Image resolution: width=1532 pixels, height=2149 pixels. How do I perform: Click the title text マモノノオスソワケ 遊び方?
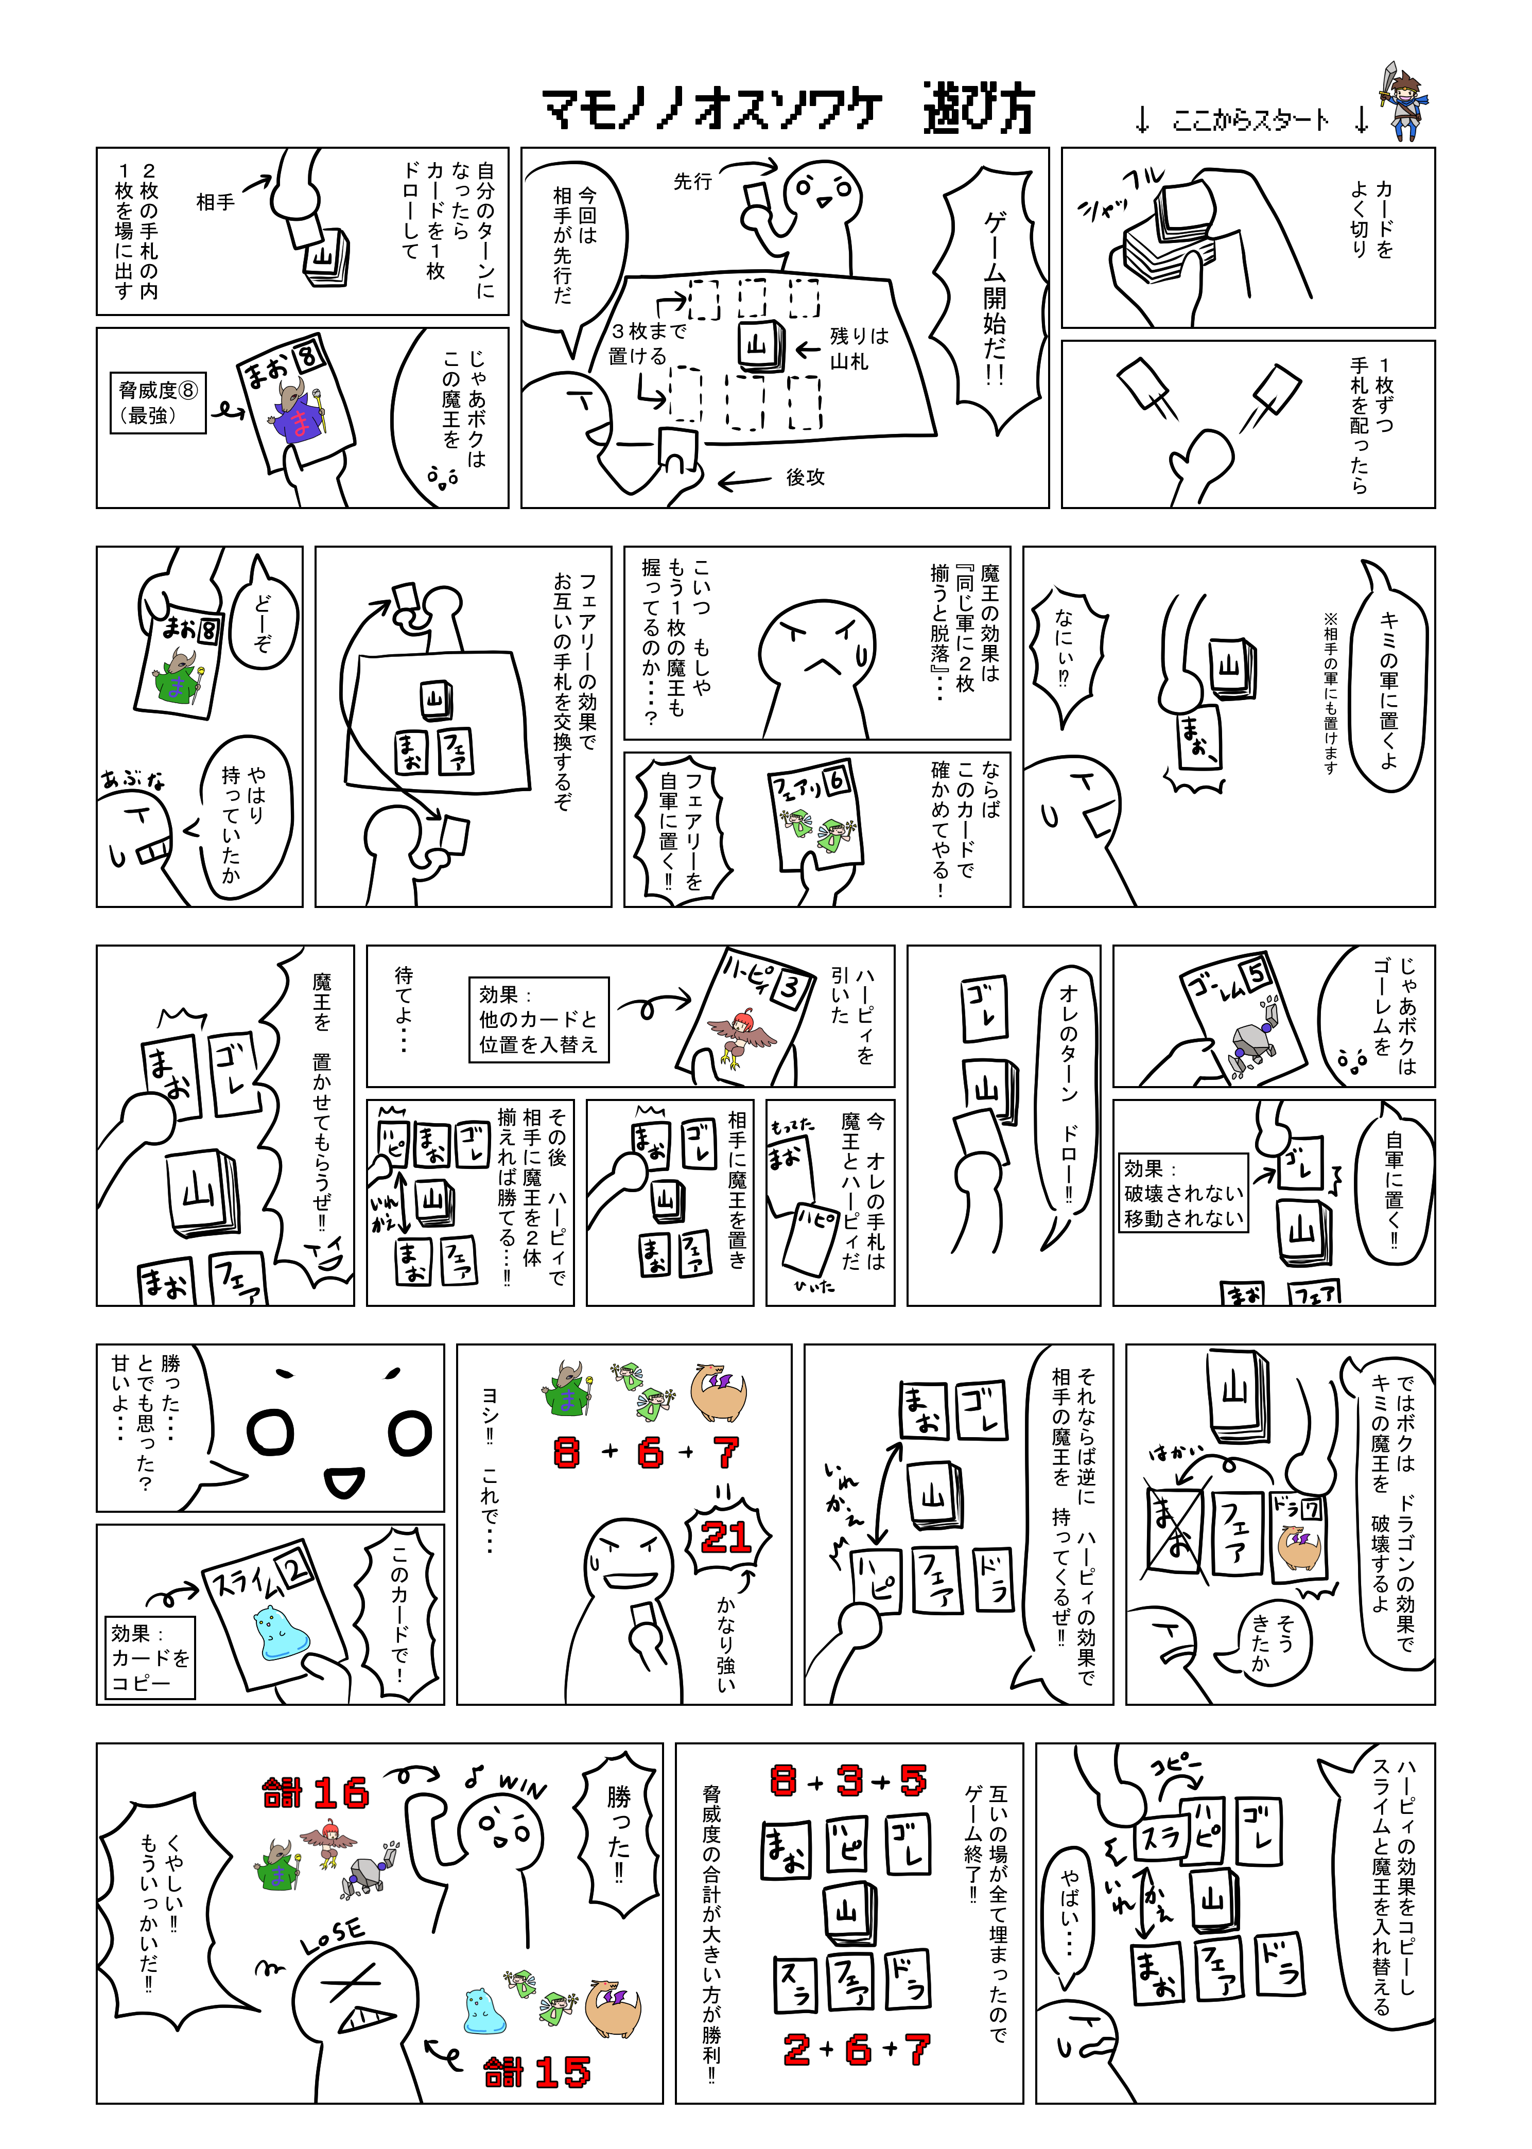coord(789,110)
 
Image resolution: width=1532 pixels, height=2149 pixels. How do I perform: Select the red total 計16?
coord(315,1792)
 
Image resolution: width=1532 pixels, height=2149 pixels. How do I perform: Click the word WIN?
coord(521,1785)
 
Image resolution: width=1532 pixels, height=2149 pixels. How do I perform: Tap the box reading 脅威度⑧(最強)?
coord(158,403)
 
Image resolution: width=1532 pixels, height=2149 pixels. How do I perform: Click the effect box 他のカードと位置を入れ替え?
coord(538,1020)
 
